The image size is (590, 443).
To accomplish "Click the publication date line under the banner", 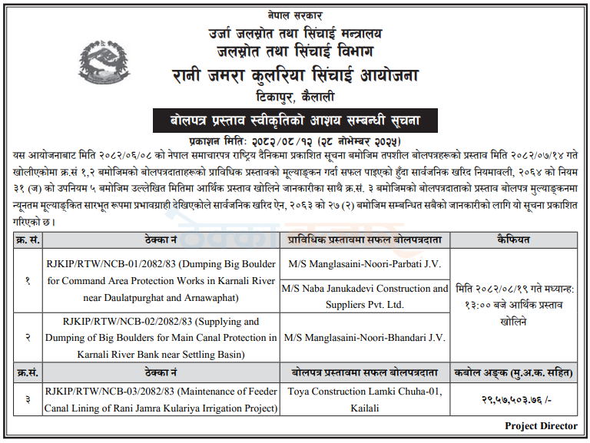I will point(296,141).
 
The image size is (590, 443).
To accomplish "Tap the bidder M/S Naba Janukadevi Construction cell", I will point(364,296).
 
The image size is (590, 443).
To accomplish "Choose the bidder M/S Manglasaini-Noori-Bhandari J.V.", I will point(364,337).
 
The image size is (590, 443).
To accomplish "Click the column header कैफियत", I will point(512,240).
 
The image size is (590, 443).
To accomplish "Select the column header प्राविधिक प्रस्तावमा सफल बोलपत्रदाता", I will point(364,240).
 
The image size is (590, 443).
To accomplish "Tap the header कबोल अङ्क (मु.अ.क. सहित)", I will point(512,373).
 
